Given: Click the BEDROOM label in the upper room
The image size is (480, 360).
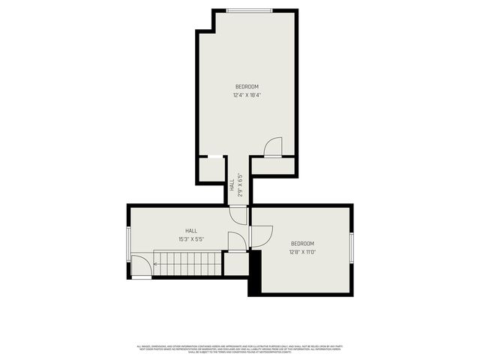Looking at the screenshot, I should [x=247, y=87].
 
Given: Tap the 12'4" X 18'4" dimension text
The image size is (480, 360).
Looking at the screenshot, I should [x=247, y=95].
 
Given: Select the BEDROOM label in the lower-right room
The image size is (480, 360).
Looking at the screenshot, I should [x=302, y=244].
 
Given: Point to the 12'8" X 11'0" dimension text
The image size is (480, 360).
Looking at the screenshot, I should [x=302, y=252].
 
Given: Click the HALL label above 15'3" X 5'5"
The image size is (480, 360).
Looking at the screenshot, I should [x=191, y=231].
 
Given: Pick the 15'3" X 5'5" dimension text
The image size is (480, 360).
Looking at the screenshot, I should [x=191, y=239].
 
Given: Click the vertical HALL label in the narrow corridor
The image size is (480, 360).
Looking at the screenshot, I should [x=232, y=188].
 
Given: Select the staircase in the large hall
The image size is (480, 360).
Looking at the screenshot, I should [x=188, y=263].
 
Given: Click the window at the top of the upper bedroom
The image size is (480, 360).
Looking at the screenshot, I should [x=249, y=10].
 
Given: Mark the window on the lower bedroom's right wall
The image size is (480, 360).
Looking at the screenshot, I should [x=351, y=248].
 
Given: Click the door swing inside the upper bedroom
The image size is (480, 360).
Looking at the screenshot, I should [x=274, y=146].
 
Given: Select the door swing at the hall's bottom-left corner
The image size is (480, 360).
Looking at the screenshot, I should [x=141, y=266].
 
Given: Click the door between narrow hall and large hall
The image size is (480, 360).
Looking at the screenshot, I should [x=238, y=215].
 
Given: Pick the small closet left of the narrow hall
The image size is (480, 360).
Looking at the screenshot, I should [x=211, y=168].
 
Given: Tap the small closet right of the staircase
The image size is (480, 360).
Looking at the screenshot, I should [x=235, y=263].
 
